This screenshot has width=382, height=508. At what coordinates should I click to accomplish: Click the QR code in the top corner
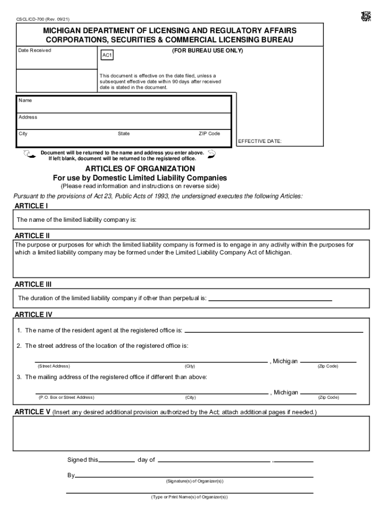point(366,16)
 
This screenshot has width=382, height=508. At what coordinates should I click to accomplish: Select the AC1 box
point(107,56)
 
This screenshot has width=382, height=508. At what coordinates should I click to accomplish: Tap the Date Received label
point(35,51)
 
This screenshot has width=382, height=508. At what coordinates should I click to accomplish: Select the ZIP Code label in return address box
point(209,133)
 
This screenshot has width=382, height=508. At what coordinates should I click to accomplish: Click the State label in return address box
point(124,133)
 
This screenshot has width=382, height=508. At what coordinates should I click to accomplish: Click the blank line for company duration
point(270,300)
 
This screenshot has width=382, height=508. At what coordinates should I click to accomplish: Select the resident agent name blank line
point(273,331)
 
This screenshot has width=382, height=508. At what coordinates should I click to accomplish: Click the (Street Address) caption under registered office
point(54,366)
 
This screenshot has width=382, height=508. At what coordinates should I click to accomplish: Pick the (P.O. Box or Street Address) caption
point(66,397)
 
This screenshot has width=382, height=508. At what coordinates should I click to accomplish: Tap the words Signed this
point(83,460)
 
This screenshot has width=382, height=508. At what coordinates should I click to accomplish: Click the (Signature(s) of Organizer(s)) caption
point(194,481)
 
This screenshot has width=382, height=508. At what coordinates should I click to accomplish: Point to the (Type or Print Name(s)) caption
point(190,497)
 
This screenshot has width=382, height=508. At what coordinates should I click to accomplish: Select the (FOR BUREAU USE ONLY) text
point(207,51)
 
